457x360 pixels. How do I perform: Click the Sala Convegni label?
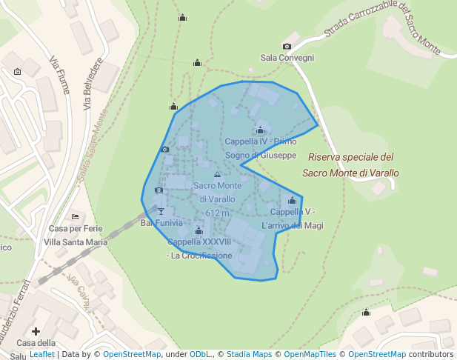[287, 58]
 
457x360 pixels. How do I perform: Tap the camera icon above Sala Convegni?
[287, 47]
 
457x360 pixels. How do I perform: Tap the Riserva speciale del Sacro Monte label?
[350, 164]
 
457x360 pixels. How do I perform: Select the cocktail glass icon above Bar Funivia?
[161, 212]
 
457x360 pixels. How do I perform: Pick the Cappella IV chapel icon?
[260, 130]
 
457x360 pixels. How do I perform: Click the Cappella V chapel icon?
[292, 201]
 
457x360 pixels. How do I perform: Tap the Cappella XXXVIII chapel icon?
[199, 231]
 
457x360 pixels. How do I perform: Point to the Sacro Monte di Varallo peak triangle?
[217, 175]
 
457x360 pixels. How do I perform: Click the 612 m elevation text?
[218, 213]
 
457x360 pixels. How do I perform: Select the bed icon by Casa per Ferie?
[76, 216]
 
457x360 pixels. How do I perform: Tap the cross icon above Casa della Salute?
[36, 331]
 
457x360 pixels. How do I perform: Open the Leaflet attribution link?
[42, 355]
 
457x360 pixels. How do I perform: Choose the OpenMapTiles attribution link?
[310, 355]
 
